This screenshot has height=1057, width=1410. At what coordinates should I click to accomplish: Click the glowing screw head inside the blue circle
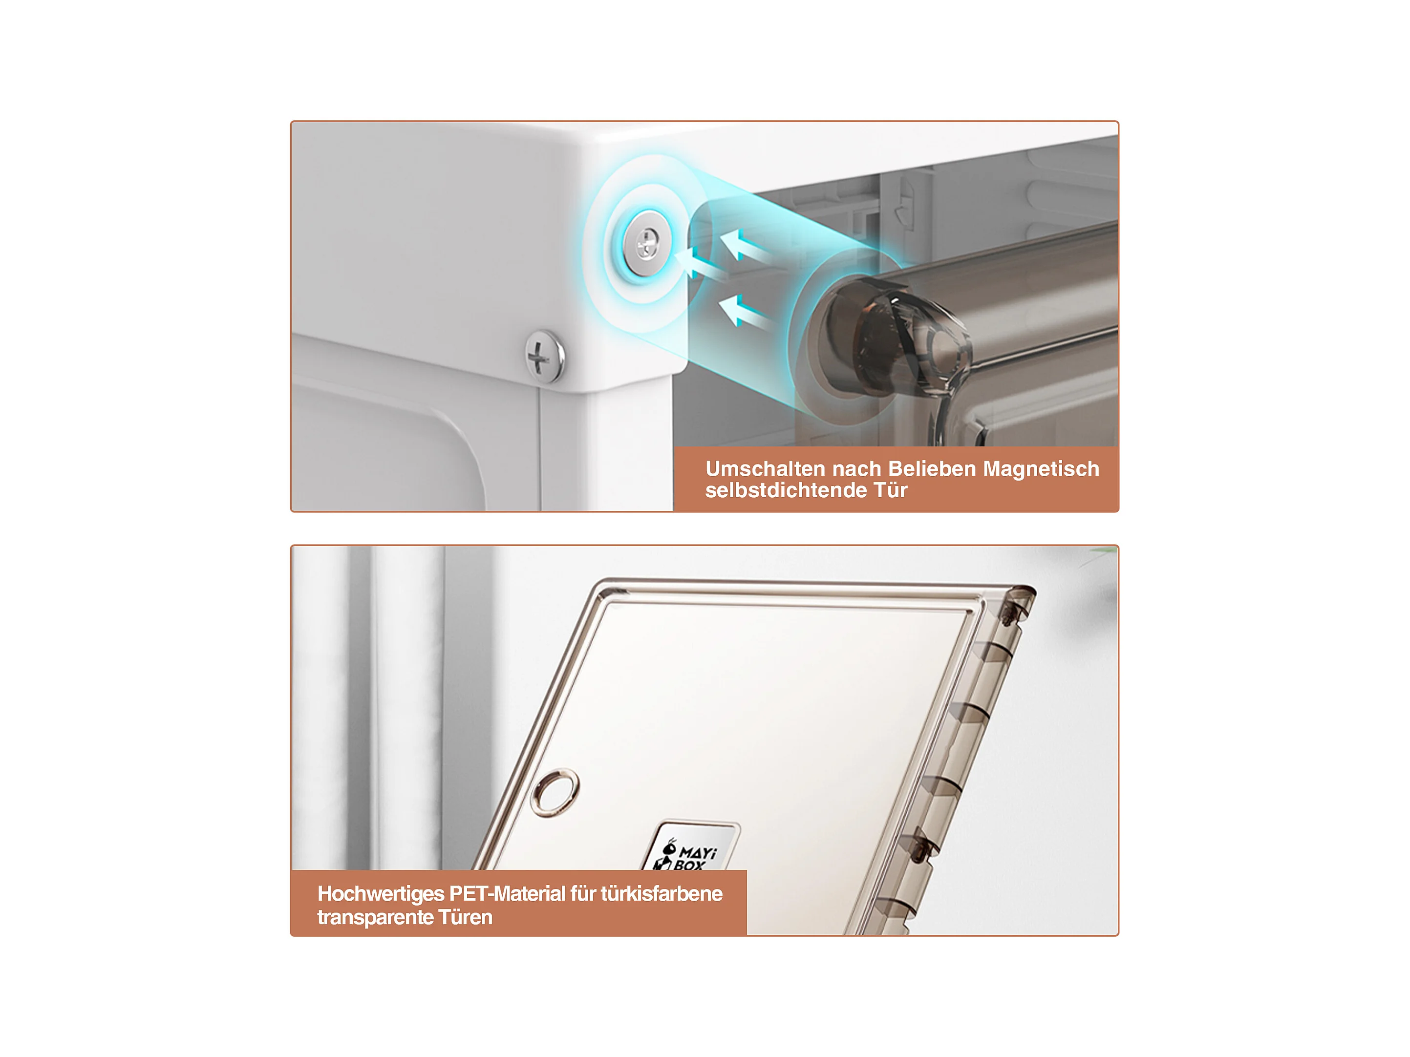tap(647, 243)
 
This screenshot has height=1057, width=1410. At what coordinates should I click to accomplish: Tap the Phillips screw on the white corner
tap(544, 356)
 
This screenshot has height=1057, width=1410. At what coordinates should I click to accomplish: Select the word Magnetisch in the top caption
tap(1041, 469)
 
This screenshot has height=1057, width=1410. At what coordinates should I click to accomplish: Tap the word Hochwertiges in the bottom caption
tap(381, 894)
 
